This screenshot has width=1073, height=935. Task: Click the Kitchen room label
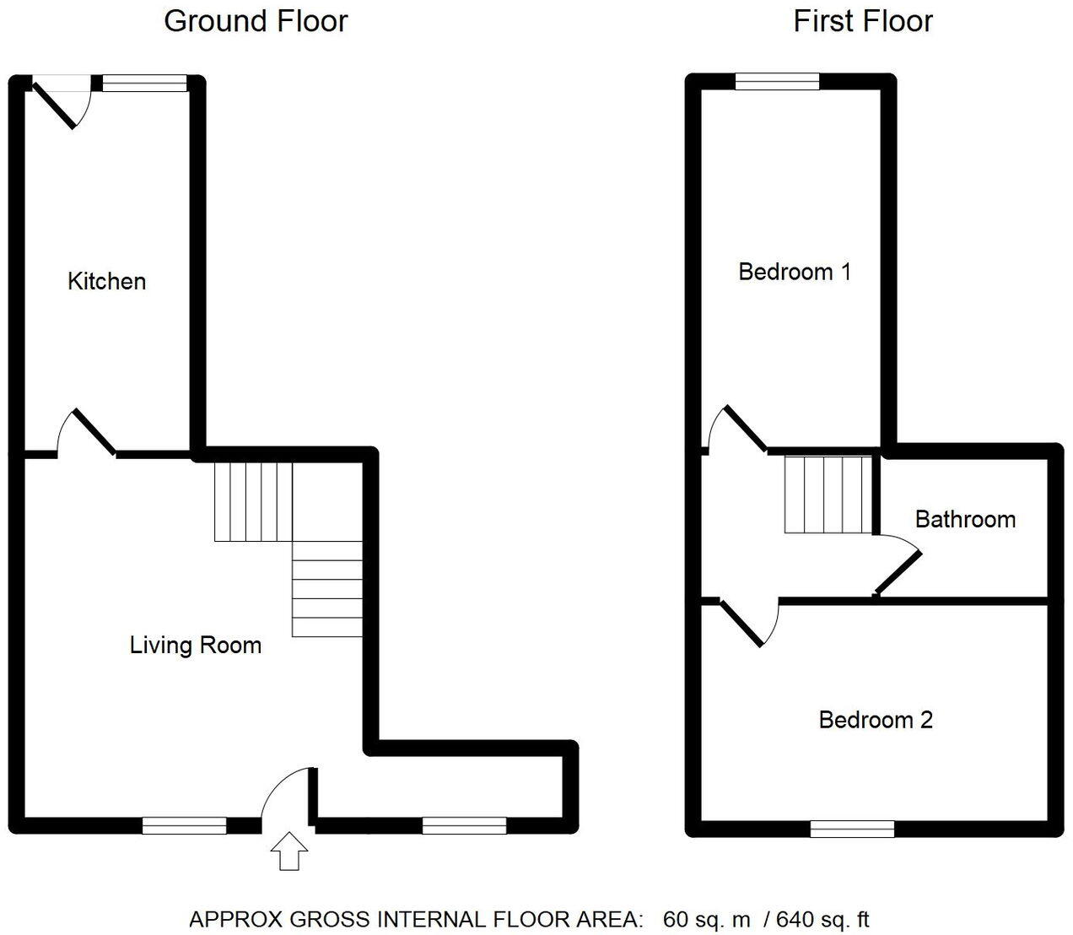106,281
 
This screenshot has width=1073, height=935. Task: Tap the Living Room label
196,645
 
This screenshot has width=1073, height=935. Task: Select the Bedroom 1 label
795,272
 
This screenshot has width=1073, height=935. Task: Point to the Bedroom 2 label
876,720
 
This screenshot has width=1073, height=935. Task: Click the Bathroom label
966,520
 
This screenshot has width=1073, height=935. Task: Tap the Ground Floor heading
256,21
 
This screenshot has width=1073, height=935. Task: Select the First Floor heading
863,21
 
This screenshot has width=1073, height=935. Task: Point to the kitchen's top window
144,83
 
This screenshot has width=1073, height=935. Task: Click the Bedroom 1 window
777,81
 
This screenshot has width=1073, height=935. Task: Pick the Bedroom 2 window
852,829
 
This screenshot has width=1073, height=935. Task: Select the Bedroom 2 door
749,624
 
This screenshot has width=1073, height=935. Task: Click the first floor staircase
828,495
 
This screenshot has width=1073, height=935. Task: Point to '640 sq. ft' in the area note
822,919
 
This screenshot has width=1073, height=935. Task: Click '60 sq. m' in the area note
706,919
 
